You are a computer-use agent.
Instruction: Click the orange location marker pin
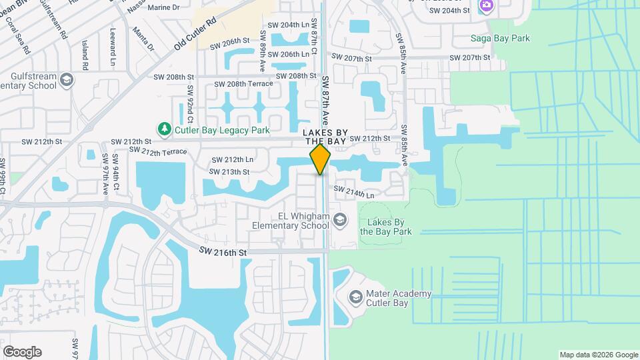320,159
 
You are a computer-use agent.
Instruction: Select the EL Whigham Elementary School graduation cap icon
340,220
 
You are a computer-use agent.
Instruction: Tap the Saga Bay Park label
500,38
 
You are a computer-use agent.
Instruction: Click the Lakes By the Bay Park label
385,227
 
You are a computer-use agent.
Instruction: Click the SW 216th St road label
223,253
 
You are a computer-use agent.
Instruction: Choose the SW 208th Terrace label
243,84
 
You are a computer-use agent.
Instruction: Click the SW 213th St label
229,172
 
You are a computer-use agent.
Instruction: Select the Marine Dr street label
149,8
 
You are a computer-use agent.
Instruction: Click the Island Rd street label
85,55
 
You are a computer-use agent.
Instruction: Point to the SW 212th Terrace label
158,152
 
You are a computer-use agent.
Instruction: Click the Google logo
22,351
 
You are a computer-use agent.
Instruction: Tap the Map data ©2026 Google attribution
598,355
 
